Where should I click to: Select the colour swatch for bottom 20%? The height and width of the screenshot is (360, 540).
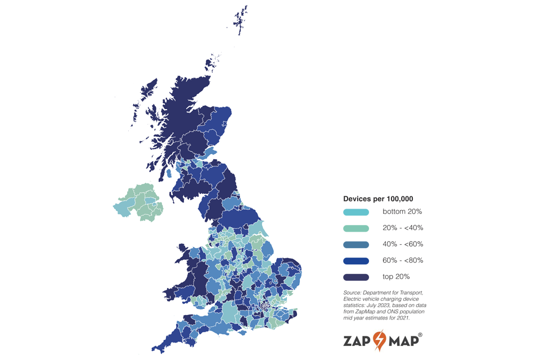pos(356,212)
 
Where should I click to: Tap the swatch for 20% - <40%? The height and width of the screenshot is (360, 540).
pos(356,228)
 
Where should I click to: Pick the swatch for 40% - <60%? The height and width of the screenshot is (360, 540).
pos(356,245)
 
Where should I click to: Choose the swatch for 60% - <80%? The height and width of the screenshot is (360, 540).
pos(356,261)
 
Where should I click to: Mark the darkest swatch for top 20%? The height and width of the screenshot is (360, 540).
pos(356,277)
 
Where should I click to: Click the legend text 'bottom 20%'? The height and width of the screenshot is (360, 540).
pos(402,212)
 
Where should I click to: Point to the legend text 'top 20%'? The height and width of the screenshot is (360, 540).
pos(396,277)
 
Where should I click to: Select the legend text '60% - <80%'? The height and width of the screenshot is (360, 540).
pos(403,260)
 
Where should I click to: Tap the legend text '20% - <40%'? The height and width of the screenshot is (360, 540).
pos(403,228)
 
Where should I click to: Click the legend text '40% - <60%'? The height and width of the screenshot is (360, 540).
pos(403,244)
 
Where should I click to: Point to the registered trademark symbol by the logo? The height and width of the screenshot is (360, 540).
pos(420,334)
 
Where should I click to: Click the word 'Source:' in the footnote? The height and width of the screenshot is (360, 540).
pos(353,293)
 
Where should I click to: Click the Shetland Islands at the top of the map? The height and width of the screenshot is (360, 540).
pos(241,20)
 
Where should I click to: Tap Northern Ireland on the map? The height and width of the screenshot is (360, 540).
pos(139,201)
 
